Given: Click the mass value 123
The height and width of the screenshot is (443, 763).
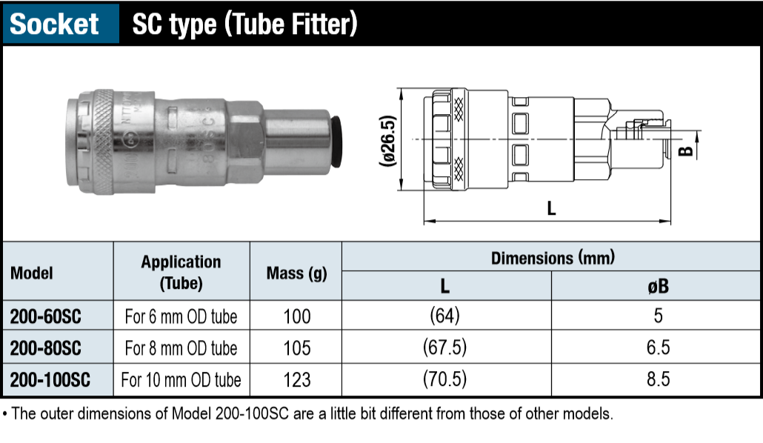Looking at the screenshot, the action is [297, 380].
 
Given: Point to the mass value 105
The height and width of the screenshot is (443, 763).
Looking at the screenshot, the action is [297, 348].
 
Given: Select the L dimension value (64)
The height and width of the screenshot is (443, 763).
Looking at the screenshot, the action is [444, 316].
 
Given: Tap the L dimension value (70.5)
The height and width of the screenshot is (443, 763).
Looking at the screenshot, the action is [444, 379].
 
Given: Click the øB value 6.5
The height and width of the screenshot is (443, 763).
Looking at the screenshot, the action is [658, 347].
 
